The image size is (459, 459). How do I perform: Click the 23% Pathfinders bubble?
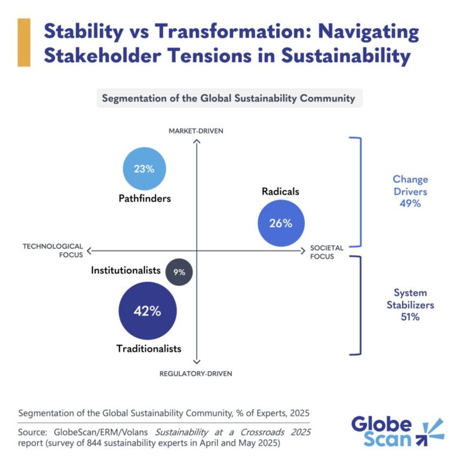(143, 169)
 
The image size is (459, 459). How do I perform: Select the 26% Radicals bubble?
(280, 223)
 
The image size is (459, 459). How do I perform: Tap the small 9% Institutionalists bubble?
(179, 272)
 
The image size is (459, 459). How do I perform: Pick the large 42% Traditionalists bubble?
(147, 311)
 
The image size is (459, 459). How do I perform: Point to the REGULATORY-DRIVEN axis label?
(195, 374)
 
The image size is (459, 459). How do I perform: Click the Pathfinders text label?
(144, 198)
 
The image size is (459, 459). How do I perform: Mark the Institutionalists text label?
(126, 271)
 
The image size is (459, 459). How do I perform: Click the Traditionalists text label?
(149, 348)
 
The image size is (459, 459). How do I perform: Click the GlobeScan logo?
(397, 432)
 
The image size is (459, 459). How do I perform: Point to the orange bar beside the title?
(25, 42)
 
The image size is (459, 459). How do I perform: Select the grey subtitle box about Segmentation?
(229, 98)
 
